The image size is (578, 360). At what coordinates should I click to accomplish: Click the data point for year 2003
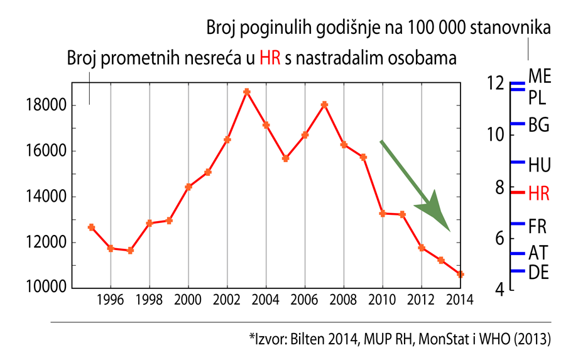(247, 92)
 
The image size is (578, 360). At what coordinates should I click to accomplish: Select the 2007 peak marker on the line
(324, 104)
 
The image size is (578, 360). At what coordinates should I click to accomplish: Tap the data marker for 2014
(460, 274)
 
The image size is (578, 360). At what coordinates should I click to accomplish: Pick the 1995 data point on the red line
(91, 227)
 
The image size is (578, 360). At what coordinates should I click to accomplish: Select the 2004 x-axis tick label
(266, 300)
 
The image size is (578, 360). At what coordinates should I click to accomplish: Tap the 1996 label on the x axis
(111, 300)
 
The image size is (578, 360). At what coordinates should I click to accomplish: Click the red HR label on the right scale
(539, 194)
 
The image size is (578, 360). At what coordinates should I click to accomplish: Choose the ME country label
(540, 77)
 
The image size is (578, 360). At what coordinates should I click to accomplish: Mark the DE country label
(538, 273)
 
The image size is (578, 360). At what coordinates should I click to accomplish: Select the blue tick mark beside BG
(517, 123)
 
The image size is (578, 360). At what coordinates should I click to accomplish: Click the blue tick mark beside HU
(517, 162)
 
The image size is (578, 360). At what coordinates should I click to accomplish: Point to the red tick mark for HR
(517, 193)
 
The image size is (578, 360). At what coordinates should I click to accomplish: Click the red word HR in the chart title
(270, 60)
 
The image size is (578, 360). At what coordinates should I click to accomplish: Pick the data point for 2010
(382, 214)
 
